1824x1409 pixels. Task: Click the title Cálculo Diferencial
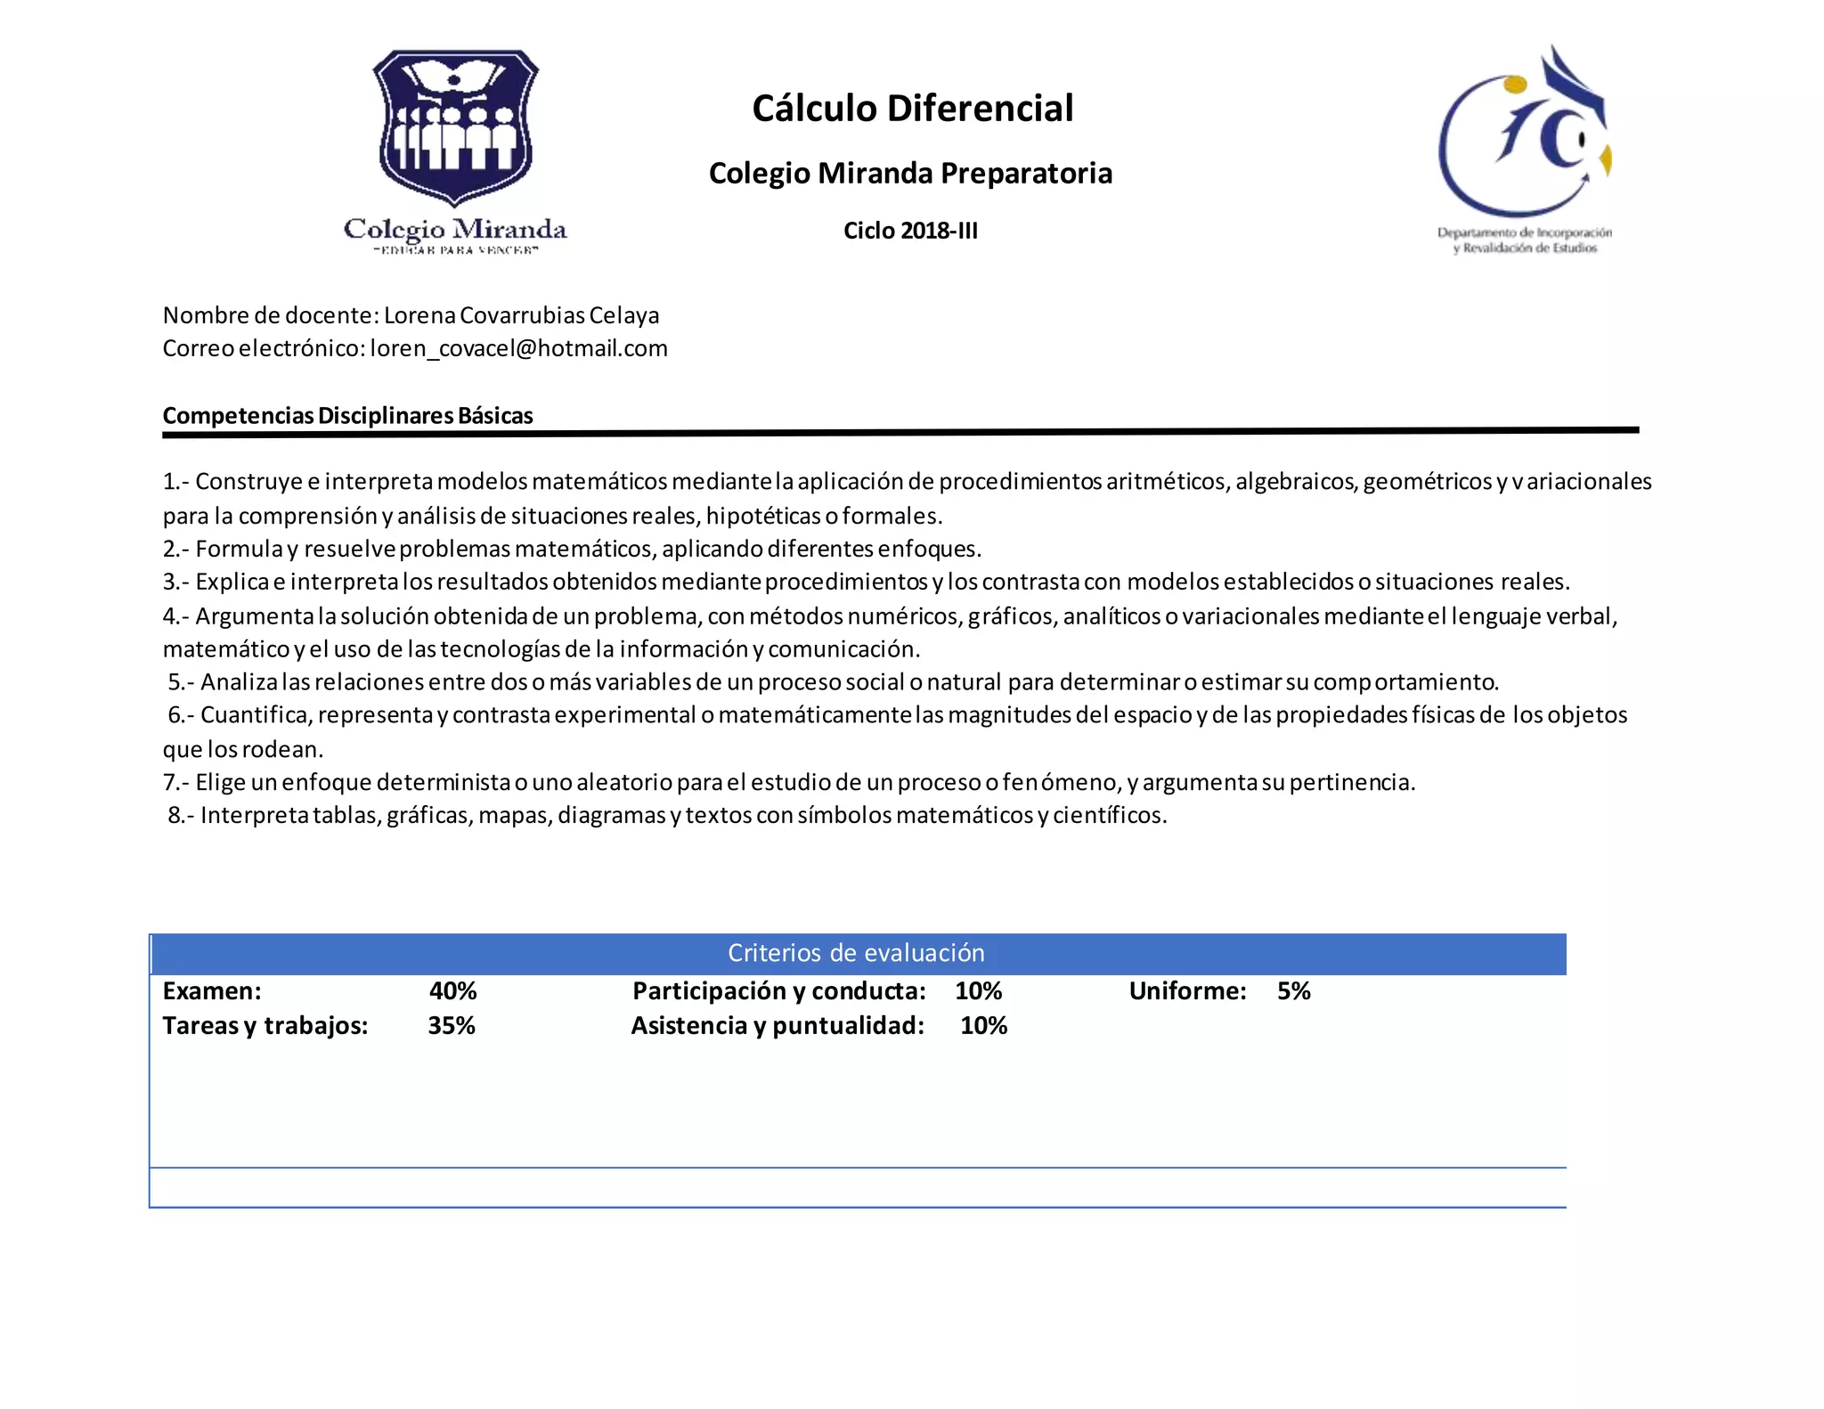912,109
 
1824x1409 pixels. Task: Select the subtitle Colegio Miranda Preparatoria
910,173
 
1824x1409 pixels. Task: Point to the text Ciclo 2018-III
910,231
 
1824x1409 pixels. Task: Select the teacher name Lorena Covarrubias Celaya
521,315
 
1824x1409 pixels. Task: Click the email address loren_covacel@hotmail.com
518,348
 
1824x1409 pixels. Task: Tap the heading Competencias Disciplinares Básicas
347,416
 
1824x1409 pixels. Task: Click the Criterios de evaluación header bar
856,953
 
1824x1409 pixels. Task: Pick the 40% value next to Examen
452,991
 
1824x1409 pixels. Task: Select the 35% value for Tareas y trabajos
452,1026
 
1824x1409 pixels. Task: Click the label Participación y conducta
778,991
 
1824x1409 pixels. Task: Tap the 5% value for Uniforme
1293,991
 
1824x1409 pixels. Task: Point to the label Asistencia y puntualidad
778,1026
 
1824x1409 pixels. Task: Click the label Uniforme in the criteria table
1187,991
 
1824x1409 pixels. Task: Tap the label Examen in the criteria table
212,991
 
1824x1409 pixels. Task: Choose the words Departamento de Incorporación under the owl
1524,233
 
